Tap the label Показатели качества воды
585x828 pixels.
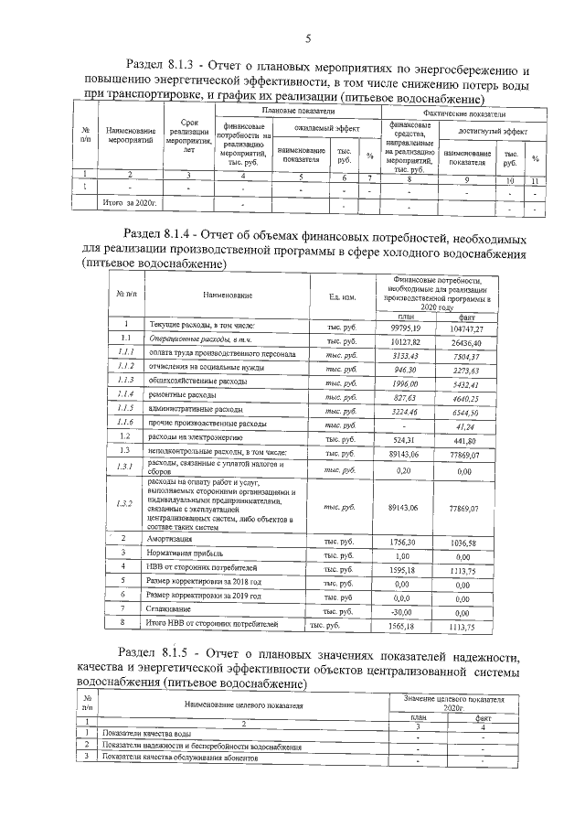click(x=146, y=735)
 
